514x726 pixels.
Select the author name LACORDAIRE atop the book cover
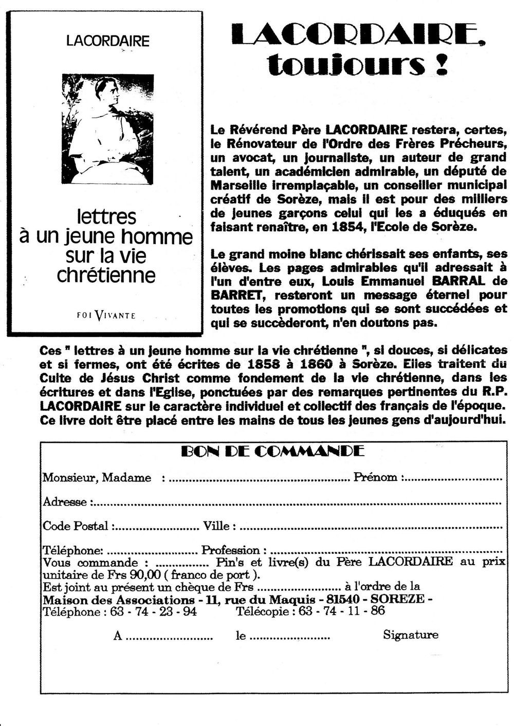pyautogui.click(x=107, y=41)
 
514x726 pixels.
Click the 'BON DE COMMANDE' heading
pyautogui.click(x=273, y=452)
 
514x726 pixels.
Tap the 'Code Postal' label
pyautogui.click(x=76, y=526)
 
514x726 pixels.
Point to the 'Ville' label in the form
pyautogui.click(x=219, y=526)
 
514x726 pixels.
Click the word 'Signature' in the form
pyautogui.click(x=410, y=635)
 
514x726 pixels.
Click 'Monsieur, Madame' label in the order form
pyautogui.click(x=97, y=478)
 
